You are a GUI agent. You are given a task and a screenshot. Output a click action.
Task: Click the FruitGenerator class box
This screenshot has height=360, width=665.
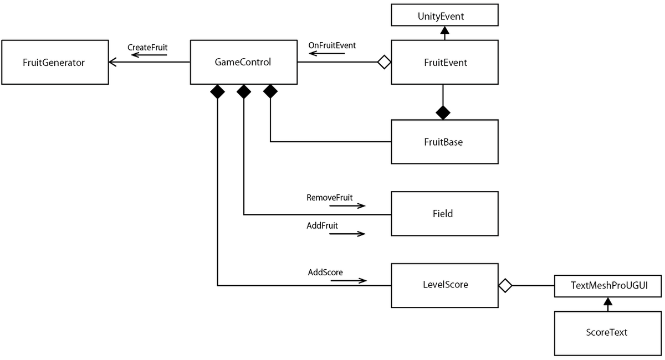tap(54, 62)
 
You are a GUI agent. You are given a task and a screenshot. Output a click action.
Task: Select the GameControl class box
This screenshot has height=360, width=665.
tap(243, 62)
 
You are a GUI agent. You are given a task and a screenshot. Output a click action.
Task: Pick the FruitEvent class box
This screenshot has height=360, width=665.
tap(444, 62)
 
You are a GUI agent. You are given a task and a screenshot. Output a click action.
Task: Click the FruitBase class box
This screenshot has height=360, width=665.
tap(444, 142)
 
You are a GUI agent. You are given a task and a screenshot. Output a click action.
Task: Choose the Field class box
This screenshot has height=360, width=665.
tap(444, 214)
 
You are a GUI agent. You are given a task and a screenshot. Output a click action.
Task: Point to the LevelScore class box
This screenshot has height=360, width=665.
tap(444, 285)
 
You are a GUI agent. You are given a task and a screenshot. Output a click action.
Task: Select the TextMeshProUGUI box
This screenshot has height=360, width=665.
tap(608, 285)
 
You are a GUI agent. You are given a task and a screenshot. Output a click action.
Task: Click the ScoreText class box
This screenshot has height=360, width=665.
tap(608, 333)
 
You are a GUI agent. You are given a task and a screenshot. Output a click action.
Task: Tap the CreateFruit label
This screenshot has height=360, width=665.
tap(147, 48)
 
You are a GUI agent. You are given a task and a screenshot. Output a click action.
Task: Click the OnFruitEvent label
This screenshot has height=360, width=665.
tap(332, 45)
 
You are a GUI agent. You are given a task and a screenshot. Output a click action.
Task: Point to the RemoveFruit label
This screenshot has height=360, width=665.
tap(329, 197)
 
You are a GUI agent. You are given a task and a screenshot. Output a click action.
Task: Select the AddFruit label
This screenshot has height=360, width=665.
tap(322, 225)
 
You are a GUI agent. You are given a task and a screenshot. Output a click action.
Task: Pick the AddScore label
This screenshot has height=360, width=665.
tap(325, 272)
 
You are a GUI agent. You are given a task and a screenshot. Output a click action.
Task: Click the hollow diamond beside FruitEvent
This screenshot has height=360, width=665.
tap(383, 62)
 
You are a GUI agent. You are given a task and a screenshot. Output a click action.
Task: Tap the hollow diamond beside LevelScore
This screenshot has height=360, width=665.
tap(505, 286)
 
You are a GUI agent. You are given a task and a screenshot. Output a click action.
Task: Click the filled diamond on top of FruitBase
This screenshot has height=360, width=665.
tap(443, 112)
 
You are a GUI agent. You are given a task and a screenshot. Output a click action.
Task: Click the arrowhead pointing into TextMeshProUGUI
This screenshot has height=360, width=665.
tap(608, 301)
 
